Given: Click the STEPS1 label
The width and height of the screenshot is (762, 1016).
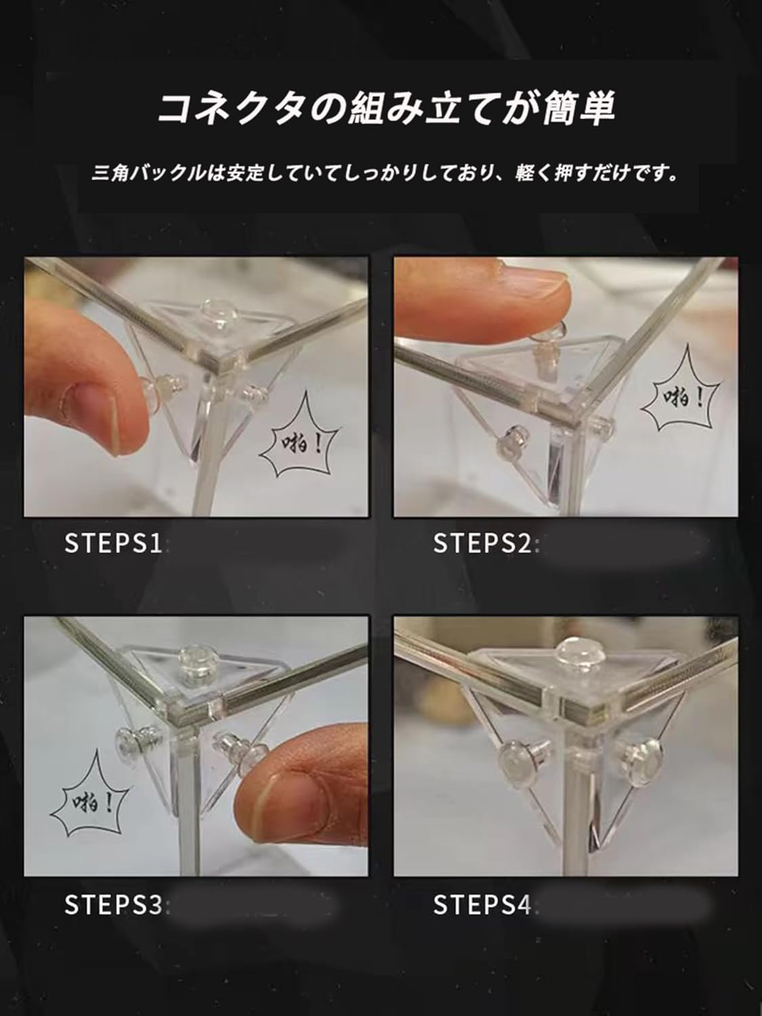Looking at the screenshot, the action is tap(113, 543).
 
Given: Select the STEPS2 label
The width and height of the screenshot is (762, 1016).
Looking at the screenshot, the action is tap(482, 543).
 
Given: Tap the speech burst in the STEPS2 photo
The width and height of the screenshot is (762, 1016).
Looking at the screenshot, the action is tap(681, 396).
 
